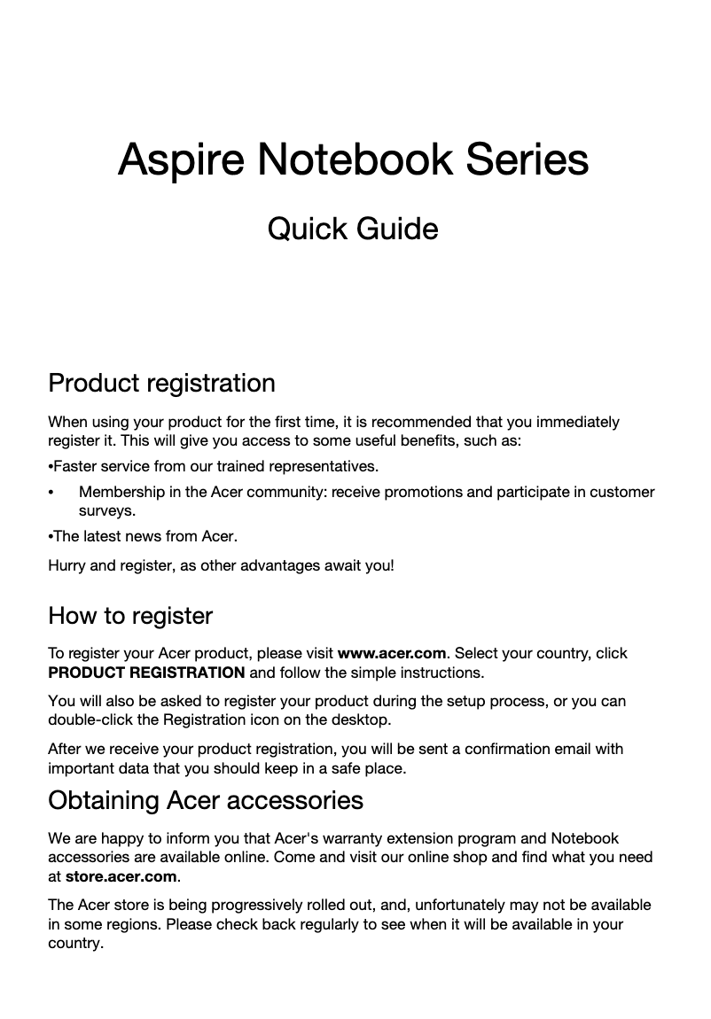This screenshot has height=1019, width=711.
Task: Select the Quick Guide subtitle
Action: pos(353,229)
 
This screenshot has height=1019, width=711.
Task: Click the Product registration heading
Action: pos(161,384)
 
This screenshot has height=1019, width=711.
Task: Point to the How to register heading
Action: pos(130,616)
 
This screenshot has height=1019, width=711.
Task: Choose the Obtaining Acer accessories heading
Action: pos(205,800)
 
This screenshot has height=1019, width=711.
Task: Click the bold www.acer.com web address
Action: pos(392,653)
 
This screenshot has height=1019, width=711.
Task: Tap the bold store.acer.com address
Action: pos(121,876)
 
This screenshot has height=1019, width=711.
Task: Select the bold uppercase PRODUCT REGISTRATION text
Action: pos(146,672)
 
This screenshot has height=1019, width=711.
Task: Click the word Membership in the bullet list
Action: pos(121,492)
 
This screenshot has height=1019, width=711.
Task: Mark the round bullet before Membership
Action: pos(52,493)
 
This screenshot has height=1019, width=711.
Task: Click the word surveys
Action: pos(107,511)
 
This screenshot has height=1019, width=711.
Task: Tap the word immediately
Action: pos(576,422)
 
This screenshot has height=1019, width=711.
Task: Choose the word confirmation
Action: pos(499,749)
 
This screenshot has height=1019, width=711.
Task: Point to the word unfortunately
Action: pos(463,905)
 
